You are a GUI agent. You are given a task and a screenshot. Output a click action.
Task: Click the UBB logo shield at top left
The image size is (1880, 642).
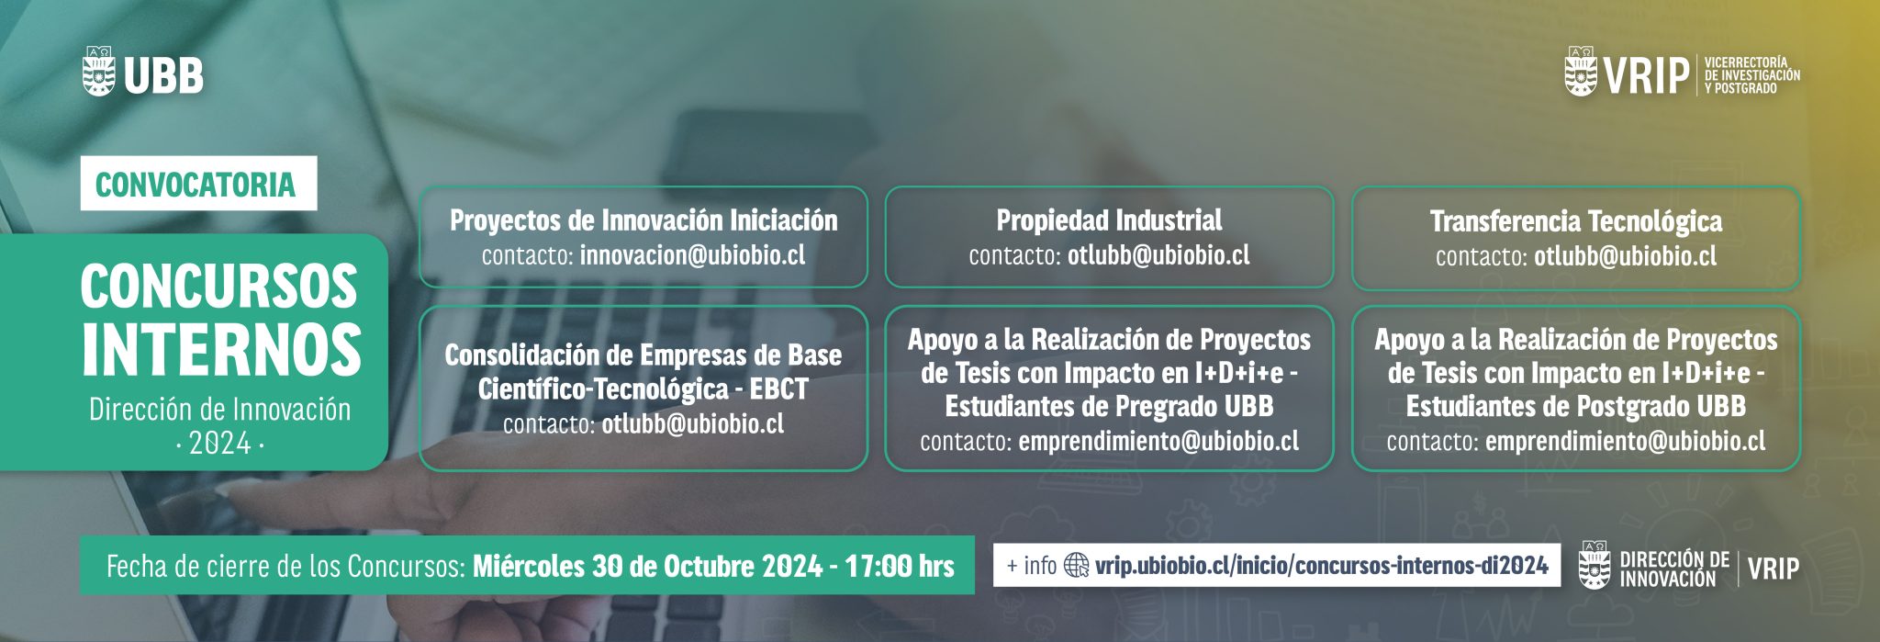pyautogui.click(x=98, y=73)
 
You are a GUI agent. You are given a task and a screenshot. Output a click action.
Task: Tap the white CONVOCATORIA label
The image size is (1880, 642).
pyautogui.click(x=197, y=184)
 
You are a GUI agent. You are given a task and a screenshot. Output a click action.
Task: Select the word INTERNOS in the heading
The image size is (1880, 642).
pyautogui.click(x=221, y=349)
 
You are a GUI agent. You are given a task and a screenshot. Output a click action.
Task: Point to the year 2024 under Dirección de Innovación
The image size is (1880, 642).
pyautogui.click(x=219, y=445)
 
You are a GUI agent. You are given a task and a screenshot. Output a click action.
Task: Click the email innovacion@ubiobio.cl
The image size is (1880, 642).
pyautogui.click(x=692, y=254)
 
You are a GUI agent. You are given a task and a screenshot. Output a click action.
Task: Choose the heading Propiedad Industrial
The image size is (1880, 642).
pyautogui.click(x=1109, y=220)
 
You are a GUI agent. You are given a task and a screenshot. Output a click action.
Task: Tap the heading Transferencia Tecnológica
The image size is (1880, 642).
pyautogui.click(x=1575, y=221)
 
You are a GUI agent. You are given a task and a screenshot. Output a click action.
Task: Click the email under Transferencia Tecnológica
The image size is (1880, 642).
pyautogui.click(x=1625, y=256)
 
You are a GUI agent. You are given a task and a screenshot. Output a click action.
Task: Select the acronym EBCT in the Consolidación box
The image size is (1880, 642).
pyautogui.click(x=778, y=389)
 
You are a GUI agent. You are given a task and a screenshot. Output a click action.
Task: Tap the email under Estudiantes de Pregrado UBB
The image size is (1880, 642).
pyautogui.click(x=1158, y=442)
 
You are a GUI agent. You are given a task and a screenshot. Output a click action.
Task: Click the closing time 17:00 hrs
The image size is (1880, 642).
pyautogui.click(x=900, y=566)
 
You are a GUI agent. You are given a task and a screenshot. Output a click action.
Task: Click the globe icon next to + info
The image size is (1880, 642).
pyautogui.click(x=1076, y=565)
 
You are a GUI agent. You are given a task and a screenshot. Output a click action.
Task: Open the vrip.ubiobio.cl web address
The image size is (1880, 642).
pyautogui.click(x=1321, y=565)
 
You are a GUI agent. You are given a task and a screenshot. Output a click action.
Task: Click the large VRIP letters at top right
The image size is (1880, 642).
pyautogui.click(x=1647, y=75)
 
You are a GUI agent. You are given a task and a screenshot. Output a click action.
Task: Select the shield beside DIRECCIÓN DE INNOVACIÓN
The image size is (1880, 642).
pyautogui.click(x=1595, y=565)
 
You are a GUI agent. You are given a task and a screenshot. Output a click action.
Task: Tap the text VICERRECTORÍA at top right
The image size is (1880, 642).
pyautogui.click(x=1746, y=62)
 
